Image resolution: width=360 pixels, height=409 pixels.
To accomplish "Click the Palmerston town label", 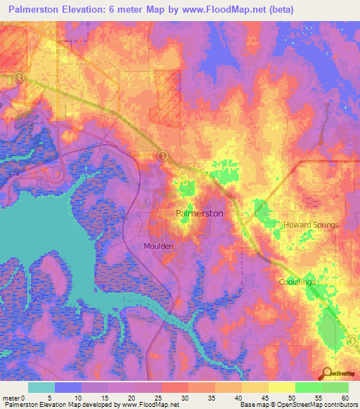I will tap(199, 212).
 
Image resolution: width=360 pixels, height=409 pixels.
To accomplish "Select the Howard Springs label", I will tap(311, 225).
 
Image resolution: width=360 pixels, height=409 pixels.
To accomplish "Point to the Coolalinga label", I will tap(295, 281).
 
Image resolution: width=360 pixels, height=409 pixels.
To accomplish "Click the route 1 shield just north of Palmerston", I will tap(162, 155).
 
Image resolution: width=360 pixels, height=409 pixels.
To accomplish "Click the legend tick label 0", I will tap(29, 397).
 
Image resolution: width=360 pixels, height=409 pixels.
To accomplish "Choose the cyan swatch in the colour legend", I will tap(41, 387).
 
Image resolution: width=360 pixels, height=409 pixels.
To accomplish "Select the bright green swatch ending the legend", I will tap(335, 387).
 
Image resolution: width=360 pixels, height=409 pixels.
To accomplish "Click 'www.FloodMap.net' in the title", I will tap(225, 10).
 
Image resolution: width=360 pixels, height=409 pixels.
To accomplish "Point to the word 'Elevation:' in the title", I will tap(93, 10).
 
